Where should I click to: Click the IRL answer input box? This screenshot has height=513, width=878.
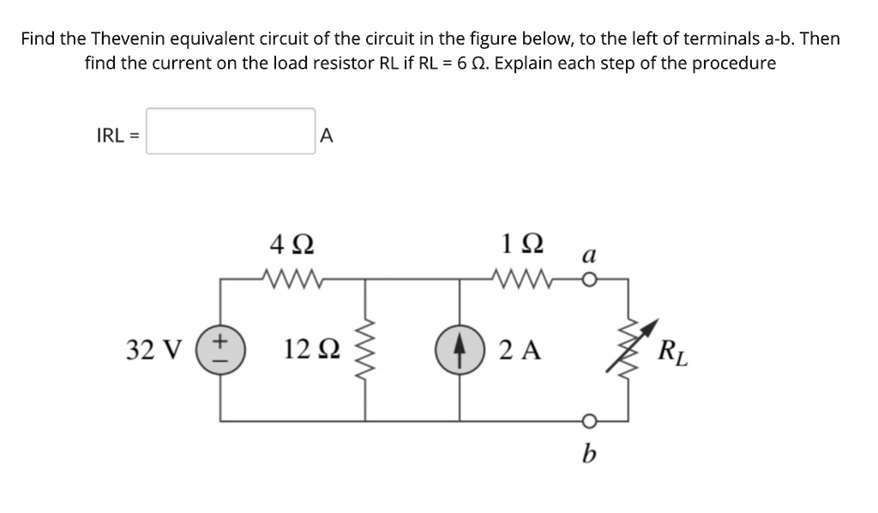point(230,131)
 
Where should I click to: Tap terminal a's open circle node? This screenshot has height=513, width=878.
point(586,278)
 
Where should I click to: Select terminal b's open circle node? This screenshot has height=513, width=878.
point(586,419)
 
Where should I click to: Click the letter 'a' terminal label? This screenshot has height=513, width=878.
point(586,255)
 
